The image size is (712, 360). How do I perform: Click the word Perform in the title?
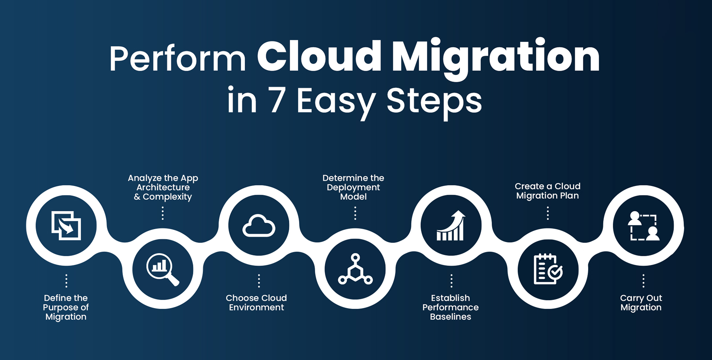pos(177,59)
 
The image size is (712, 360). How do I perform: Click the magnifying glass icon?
pos(162,269)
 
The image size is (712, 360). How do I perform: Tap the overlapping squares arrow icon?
pos(66,225)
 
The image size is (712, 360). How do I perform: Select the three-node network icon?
pos(355,269)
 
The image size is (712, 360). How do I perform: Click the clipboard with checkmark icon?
pos(548,269)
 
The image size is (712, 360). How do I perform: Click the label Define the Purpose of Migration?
pos(66,307)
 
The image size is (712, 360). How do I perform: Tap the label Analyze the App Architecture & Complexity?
pos(163,187)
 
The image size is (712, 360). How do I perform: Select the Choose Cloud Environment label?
pos(256,303)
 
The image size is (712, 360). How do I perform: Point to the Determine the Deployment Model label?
pos(353,187)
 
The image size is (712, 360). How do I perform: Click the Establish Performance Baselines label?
pos(451,307)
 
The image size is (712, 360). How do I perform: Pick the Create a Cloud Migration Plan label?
pos(548,191)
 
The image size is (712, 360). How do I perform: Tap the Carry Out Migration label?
pos(641,303)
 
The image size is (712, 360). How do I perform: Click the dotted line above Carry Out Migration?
pos(643,281)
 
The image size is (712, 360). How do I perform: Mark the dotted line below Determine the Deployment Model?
pos(355,213)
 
